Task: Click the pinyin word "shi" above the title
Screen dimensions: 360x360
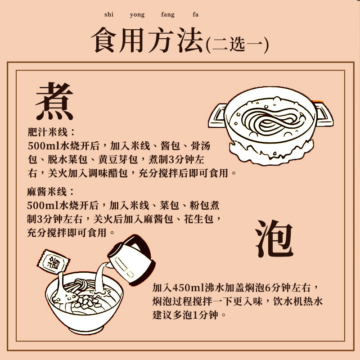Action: tap(108, 15)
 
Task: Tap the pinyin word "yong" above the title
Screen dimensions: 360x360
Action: tap(137, 15)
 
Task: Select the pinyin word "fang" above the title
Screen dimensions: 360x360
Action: tap(168, 15)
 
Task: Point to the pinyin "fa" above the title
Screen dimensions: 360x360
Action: tap(195, 15)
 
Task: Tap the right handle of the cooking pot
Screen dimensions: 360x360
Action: tap(324, 112)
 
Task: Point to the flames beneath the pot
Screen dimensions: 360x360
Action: tap(270, 151)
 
